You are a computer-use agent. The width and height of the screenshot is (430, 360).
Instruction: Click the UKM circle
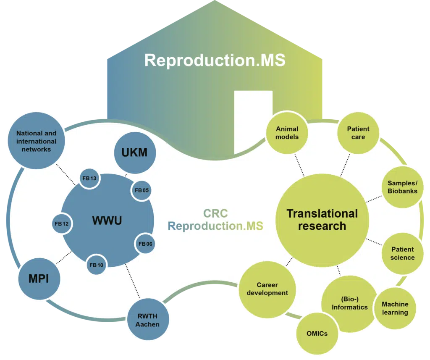135,152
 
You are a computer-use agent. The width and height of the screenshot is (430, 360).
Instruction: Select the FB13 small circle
89,179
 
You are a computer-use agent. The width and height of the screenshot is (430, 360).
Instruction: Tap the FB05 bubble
142,190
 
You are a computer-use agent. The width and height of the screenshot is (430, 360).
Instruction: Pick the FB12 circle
62,223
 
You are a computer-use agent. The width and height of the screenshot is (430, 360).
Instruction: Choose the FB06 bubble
145,244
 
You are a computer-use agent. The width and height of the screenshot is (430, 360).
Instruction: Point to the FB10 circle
96,265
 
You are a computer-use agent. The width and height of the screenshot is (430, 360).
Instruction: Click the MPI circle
39,279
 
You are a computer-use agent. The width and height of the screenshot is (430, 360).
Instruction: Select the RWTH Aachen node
148,320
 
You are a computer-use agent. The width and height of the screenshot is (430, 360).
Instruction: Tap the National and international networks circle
36,141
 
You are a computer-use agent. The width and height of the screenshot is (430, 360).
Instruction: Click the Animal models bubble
287,133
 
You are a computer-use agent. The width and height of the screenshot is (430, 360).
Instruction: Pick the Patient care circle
358,133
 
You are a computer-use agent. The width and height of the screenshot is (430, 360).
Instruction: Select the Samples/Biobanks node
402,187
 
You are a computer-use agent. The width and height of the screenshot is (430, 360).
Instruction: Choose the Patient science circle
403,253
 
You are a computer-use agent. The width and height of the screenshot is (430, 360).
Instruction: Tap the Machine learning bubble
395,308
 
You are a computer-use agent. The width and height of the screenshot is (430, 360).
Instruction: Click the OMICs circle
317,334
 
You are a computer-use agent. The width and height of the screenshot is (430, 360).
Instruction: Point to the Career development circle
267,289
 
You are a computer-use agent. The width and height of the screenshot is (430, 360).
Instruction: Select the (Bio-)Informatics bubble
350,303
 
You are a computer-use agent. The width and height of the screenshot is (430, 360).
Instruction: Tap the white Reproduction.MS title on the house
215,60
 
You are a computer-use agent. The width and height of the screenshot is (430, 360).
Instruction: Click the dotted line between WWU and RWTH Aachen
133,281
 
